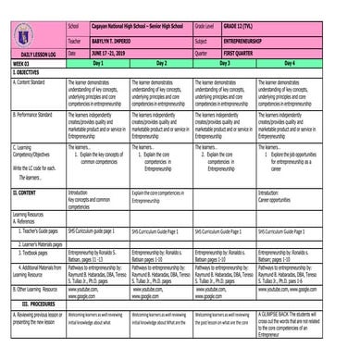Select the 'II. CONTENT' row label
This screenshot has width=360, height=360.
click(26, 192)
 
